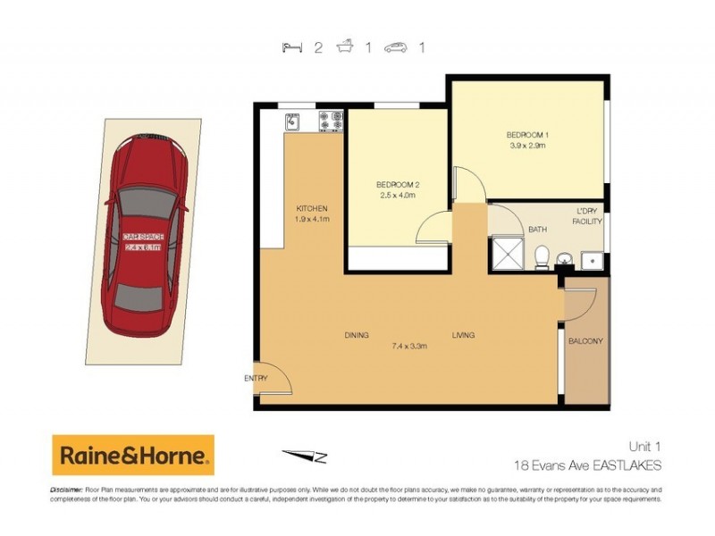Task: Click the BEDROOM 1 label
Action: point(527,135)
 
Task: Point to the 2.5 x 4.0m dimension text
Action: point(398,196)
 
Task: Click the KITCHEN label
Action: point(313,208)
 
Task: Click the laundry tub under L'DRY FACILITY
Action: point(590,260)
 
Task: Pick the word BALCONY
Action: point(585,341)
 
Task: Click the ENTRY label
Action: point(256,379)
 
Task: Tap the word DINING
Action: point(357,335)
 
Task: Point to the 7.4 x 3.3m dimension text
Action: point(409,346)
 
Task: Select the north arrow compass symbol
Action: point(305,456)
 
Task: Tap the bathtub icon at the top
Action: point(344,48)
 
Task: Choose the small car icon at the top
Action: point(396,48)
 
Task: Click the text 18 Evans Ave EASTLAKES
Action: point(587,465)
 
